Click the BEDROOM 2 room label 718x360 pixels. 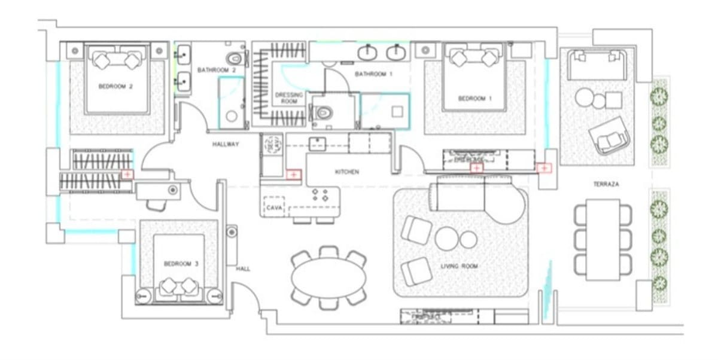click(115, 87)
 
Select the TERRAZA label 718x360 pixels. click(606, 185)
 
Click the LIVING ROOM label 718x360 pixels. click(459, 266)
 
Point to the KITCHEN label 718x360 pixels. click(346, 172)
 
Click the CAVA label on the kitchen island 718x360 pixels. click(275, 207)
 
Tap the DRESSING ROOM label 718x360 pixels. click(289, 98)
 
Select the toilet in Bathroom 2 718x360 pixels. click(236, 59)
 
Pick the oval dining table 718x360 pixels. click(328, 279)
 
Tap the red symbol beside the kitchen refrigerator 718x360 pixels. click(293, 175)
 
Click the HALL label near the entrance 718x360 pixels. click(243, 269)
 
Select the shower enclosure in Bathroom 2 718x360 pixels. click(232, 102)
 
